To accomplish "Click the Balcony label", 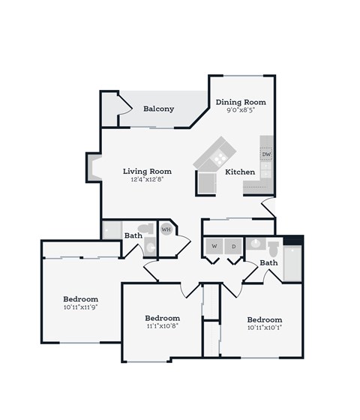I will tap(158, 109).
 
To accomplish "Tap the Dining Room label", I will tap(241, 102).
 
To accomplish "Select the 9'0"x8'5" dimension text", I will tap(241, 111).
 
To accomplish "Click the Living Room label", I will tap(148, 171).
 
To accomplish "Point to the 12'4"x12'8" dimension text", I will tap(148, 180).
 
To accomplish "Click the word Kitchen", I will tap(241, 172).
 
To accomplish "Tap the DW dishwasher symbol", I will tap(266, 154).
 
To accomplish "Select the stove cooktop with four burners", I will tap(220, 157).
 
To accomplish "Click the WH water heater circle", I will tap(166, 229).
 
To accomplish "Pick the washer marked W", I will tap(214, 246).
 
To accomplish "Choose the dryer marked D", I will tap(233, 246).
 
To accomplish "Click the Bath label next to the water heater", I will tap(133, 235).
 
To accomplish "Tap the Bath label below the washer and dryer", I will tap(269, 263).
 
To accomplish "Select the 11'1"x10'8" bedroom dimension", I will tap(162, 326).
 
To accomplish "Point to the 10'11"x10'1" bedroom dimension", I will tap(265, 328).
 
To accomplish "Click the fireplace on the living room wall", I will tap(94, 167).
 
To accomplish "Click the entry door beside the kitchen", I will tap(268, 208).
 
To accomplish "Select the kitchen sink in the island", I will tap(205, 181).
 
